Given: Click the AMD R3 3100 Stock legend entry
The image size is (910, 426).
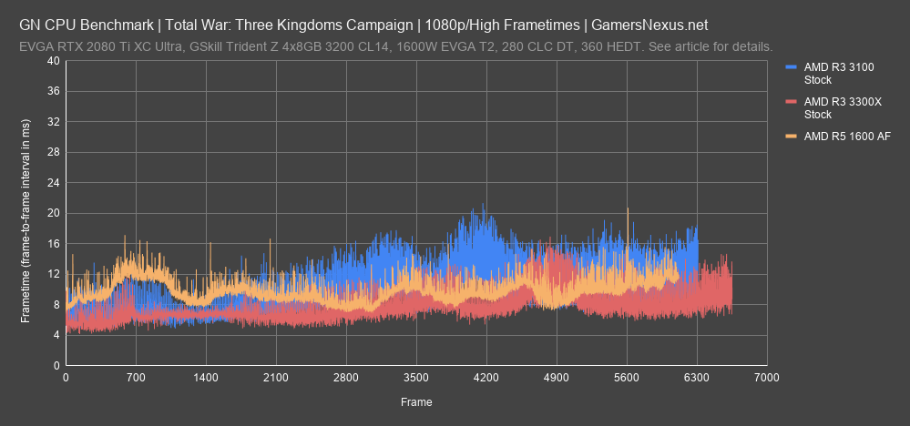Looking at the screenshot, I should (833, 73).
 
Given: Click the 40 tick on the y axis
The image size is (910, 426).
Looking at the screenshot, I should (54, 61).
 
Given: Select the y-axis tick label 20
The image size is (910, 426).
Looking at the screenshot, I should (54, 213).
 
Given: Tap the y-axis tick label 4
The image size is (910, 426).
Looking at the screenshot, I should (56, 335).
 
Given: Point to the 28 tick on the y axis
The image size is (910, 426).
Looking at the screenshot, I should (54, 152).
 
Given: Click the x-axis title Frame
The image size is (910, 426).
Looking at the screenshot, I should (416, 401).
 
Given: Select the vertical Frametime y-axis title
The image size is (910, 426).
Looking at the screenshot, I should (26, 213).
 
